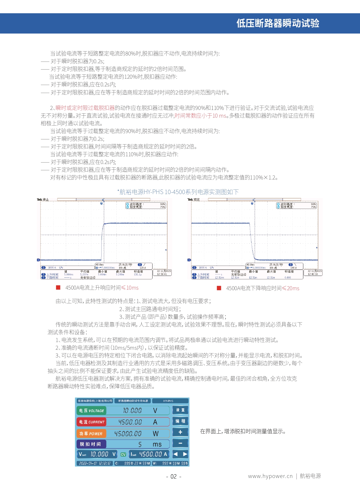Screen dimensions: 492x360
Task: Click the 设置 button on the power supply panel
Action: pos(180,410)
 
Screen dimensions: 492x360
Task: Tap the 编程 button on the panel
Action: pos(180,421)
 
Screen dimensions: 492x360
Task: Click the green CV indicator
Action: pos(123,454)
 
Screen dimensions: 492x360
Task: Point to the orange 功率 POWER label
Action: pos(91,434)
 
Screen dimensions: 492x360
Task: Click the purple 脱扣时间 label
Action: pos(91,444)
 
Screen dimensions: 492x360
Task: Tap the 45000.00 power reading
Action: pos(128,434)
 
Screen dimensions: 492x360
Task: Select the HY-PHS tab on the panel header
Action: pos(168,401)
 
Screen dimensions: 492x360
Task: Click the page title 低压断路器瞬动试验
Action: pos(278,23)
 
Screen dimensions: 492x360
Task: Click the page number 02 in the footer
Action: pos(173,477)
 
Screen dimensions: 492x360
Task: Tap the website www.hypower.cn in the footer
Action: pos(270,476)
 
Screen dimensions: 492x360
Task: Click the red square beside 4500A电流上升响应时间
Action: pos(58,288)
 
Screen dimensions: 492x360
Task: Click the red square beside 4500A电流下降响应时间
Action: pos(219,288)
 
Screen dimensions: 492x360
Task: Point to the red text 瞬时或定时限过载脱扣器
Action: pos(85,108)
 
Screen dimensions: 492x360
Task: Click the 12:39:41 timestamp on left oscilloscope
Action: pos(162,274)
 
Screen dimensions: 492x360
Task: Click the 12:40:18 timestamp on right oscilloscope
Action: pos(313,274)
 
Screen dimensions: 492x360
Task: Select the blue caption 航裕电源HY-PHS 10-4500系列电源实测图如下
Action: pos(178,192)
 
